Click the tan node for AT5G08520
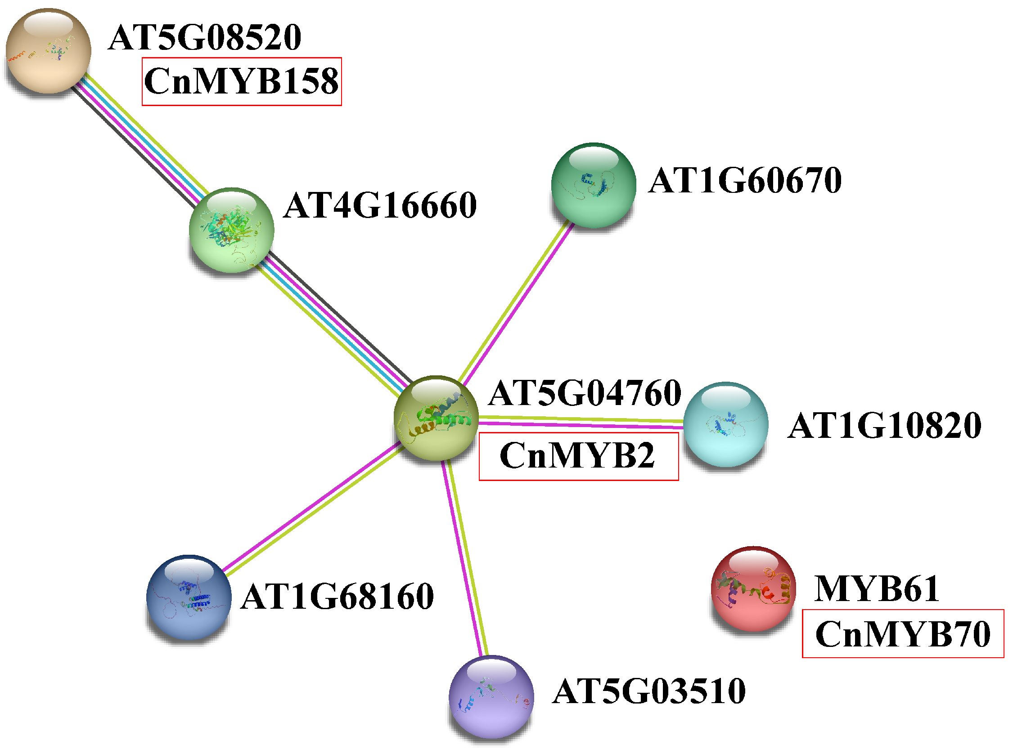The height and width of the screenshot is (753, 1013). (48, 51)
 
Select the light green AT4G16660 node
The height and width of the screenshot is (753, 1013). (231, 230)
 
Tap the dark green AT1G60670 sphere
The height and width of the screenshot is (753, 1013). (593, 185)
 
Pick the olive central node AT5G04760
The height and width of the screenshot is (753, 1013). (436, 418)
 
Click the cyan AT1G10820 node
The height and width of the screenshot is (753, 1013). (725, 424)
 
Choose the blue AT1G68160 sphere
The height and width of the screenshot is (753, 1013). (189, 597)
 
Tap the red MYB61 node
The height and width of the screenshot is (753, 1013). (753, 588)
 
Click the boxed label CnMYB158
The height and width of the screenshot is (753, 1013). (241, 81)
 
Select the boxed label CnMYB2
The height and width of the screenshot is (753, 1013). (578, 456)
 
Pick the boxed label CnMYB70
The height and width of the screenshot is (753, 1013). (903, 634)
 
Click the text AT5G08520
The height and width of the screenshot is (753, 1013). (205, 37)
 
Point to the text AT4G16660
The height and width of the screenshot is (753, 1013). (380, 205)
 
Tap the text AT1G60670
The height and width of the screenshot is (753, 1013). (745, 181)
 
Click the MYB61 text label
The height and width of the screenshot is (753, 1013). (877, 589)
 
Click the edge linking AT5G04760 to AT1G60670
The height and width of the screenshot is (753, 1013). (516, 301)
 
